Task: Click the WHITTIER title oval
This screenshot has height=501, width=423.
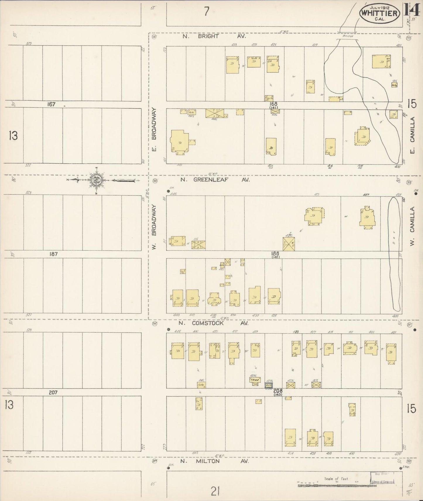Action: point(379,13)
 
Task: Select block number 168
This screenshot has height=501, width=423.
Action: point(274,104)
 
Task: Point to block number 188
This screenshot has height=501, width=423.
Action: point(275,254)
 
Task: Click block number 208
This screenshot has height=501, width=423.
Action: point(278,391)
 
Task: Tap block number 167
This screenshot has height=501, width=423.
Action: point(52,104)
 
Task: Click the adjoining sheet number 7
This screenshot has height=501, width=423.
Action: point(207,11)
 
